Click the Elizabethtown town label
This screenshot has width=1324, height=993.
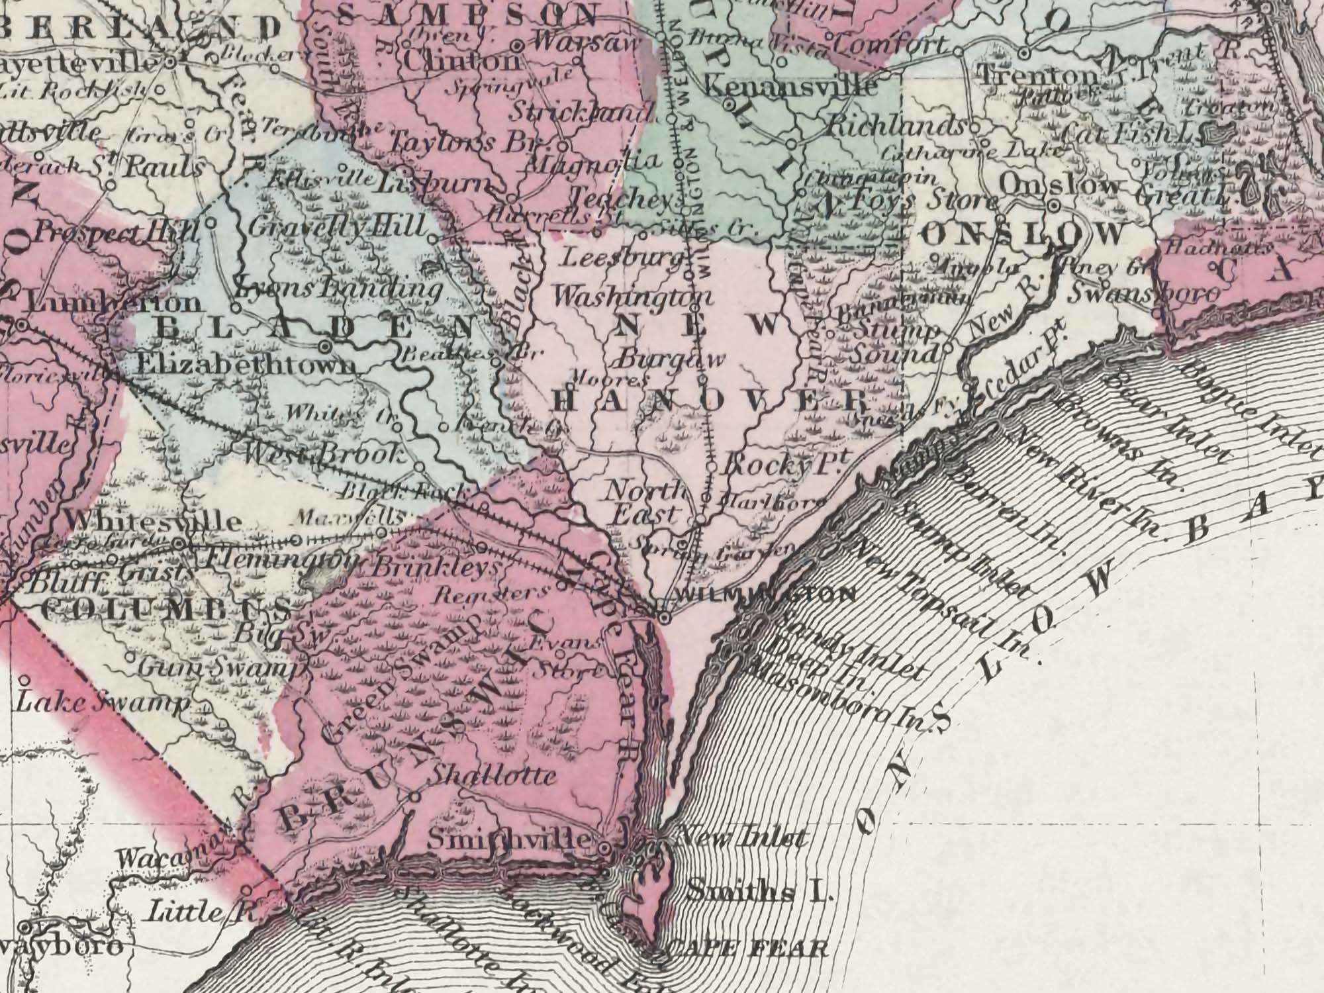(245, 364)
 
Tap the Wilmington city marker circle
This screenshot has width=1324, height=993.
(664, 617)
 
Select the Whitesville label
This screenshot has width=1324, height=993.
(155, 521)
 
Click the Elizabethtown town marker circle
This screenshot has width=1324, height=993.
(325, 346)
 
